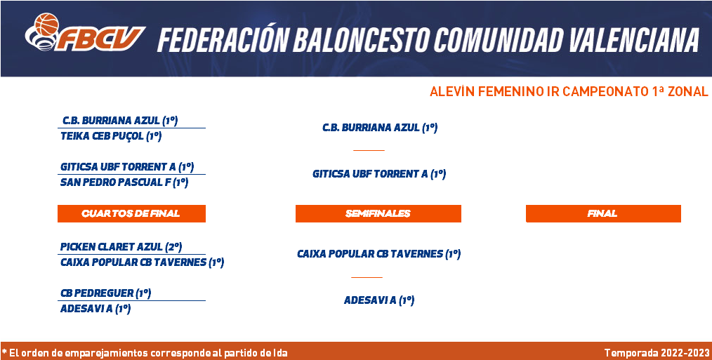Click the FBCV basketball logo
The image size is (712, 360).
coord(84,32)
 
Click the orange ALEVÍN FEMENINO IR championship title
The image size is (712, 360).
coord(569,91)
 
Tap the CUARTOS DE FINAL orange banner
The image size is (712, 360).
coord(132,213)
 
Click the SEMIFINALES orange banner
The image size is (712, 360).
coord(378,213)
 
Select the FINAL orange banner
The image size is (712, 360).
coord(603,213)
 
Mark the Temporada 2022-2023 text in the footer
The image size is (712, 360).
coord(657,353)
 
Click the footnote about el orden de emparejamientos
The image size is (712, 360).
coord(145,353)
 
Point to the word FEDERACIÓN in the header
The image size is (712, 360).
coord(223,39)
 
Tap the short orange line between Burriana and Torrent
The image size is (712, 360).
coord(369,149)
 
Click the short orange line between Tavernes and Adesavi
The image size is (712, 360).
coord(367,277)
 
